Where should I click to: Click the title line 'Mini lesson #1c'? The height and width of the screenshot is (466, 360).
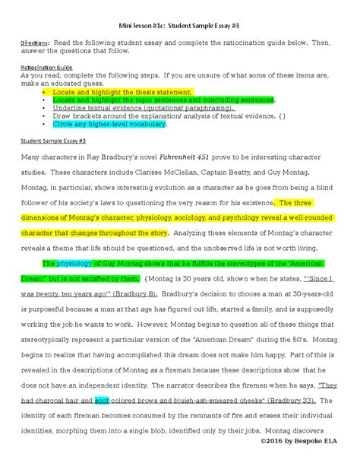tap(179, 25)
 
